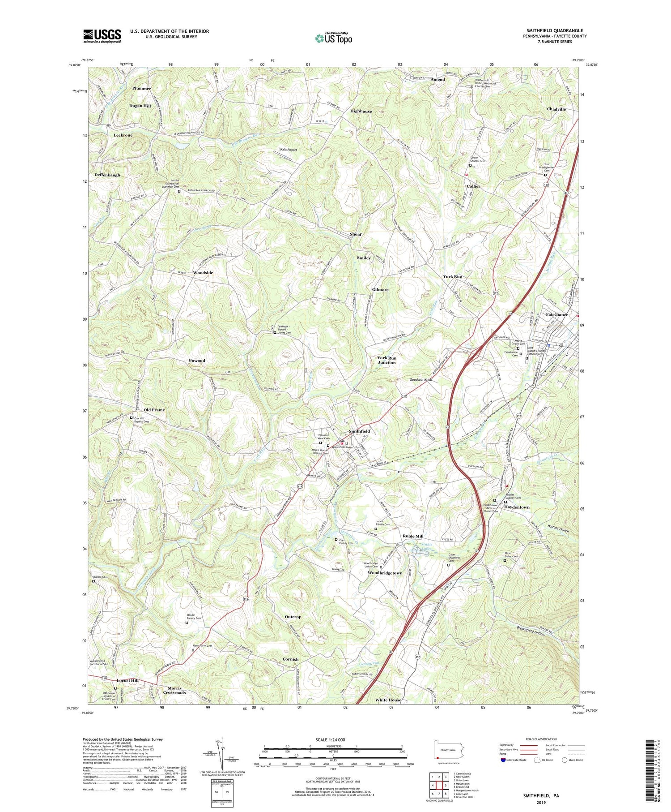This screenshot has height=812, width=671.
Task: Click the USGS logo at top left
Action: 102,36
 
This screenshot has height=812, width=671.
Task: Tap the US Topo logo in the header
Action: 334,38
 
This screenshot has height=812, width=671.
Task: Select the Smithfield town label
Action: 359,431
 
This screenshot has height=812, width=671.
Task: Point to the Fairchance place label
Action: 556,314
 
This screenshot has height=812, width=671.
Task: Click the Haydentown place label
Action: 517,507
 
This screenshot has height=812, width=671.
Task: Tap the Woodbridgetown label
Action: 385,573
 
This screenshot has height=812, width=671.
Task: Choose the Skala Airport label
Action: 288,150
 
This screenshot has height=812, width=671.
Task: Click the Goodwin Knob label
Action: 420,379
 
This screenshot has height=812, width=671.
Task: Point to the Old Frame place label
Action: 154,409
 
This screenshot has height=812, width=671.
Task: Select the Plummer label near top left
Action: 141,88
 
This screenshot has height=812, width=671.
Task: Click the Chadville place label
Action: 556,109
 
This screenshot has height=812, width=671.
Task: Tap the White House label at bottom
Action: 388,700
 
